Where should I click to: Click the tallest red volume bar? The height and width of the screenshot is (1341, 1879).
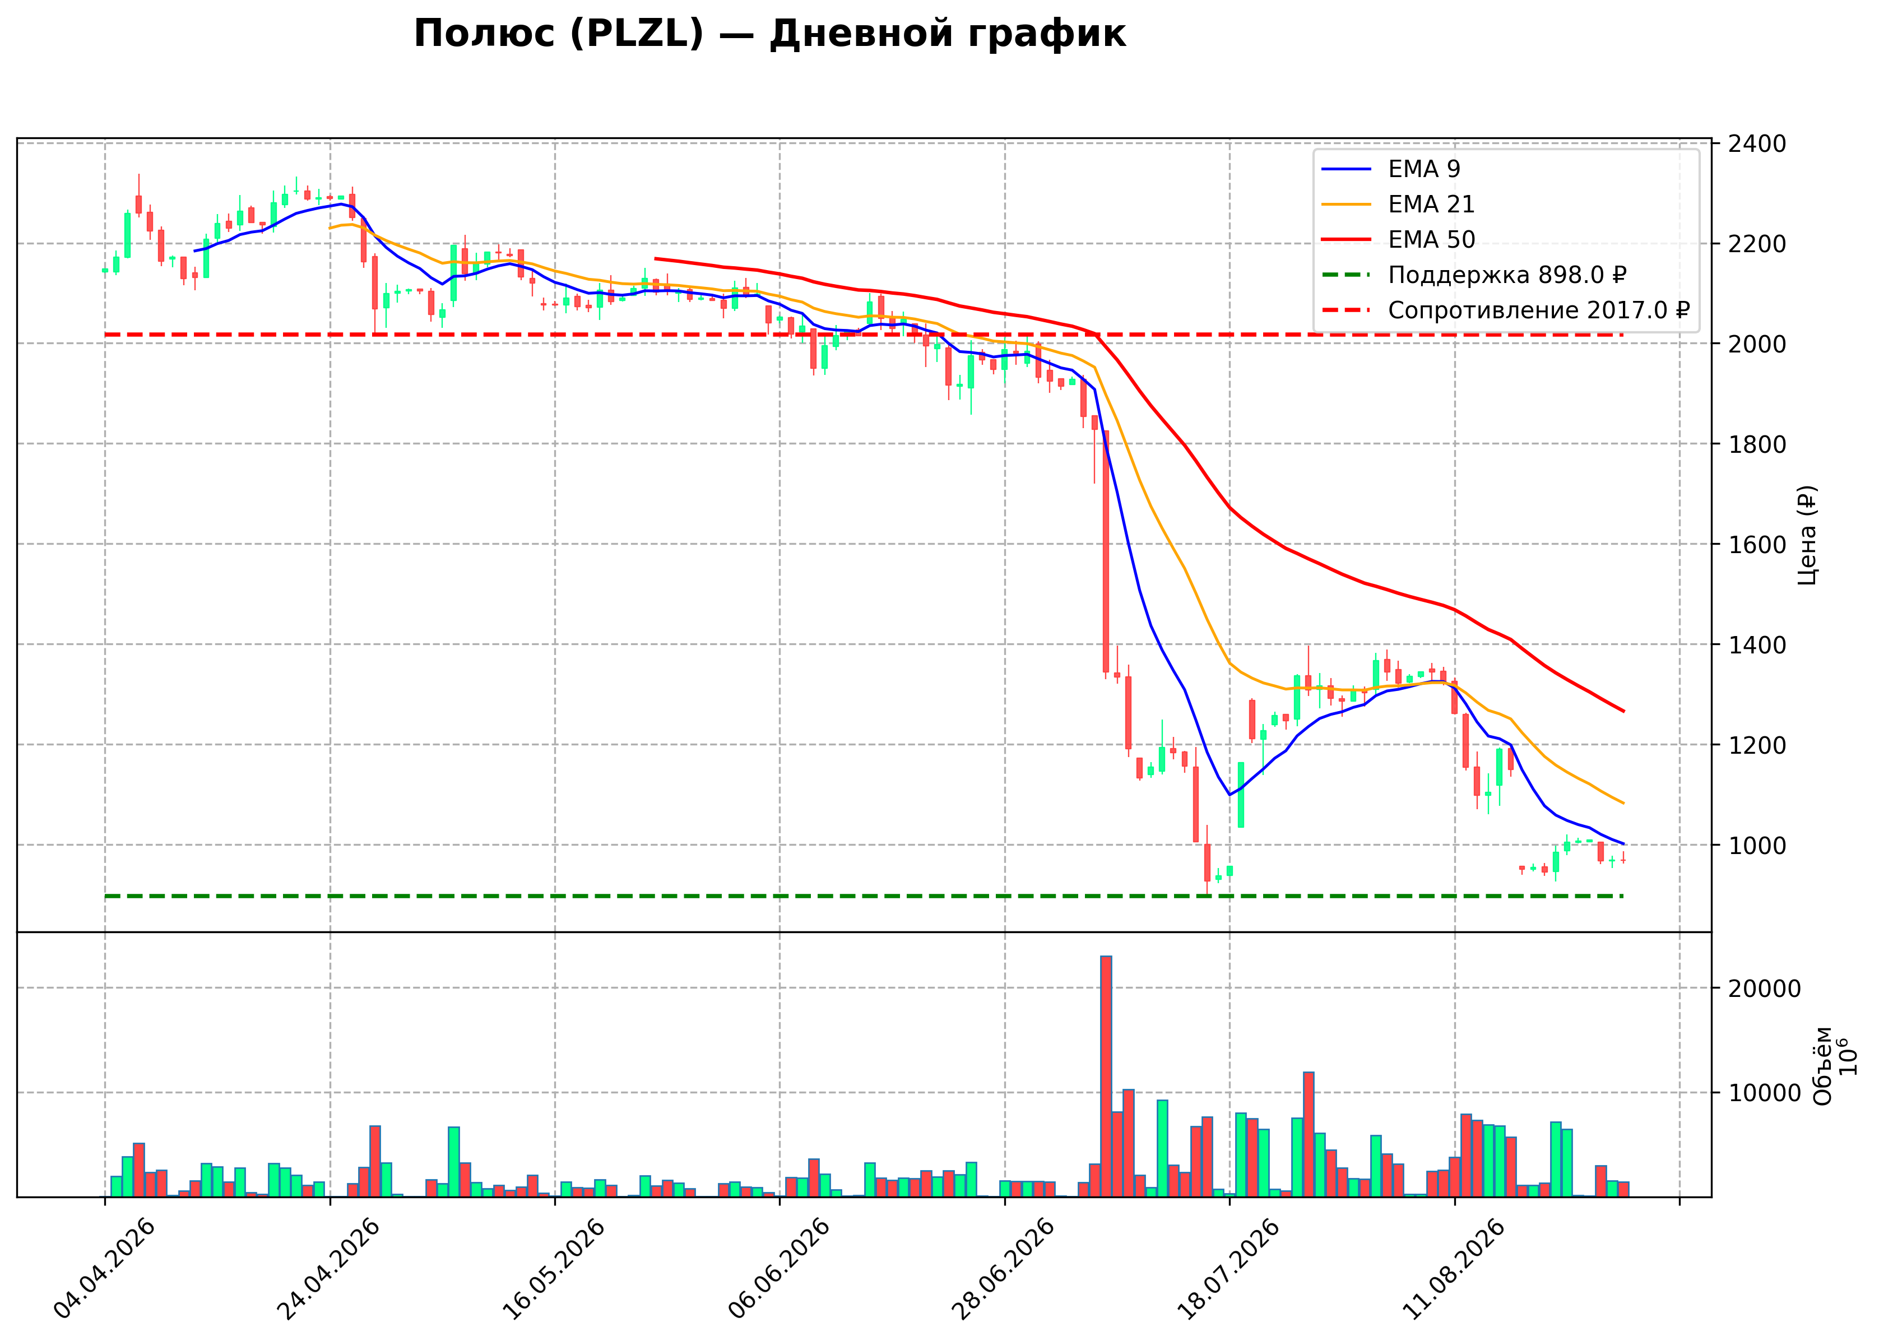pyautogui.click(x=1106, y=1076)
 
